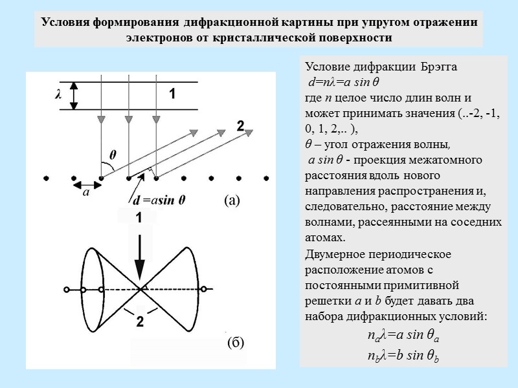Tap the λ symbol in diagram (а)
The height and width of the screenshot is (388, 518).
[58, 95]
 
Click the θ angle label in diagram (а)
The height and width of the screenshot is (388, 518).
[113, 155]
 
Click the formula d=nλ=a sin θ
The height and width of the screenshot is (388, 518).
[343, 83]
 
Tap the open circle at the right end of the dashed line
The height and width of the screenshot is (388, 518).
[204, 289]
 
